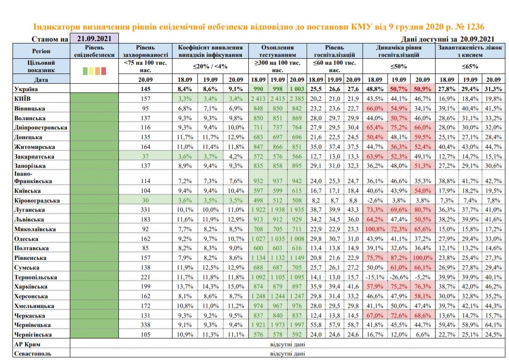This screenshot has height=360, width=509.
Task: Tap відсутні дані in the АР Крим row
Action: (287, 345)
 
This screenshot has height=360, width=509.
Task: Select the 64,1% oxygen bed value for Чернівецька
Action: (492, 325)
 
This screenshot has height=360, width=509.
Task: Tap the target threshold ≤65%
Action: (469, 66)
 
